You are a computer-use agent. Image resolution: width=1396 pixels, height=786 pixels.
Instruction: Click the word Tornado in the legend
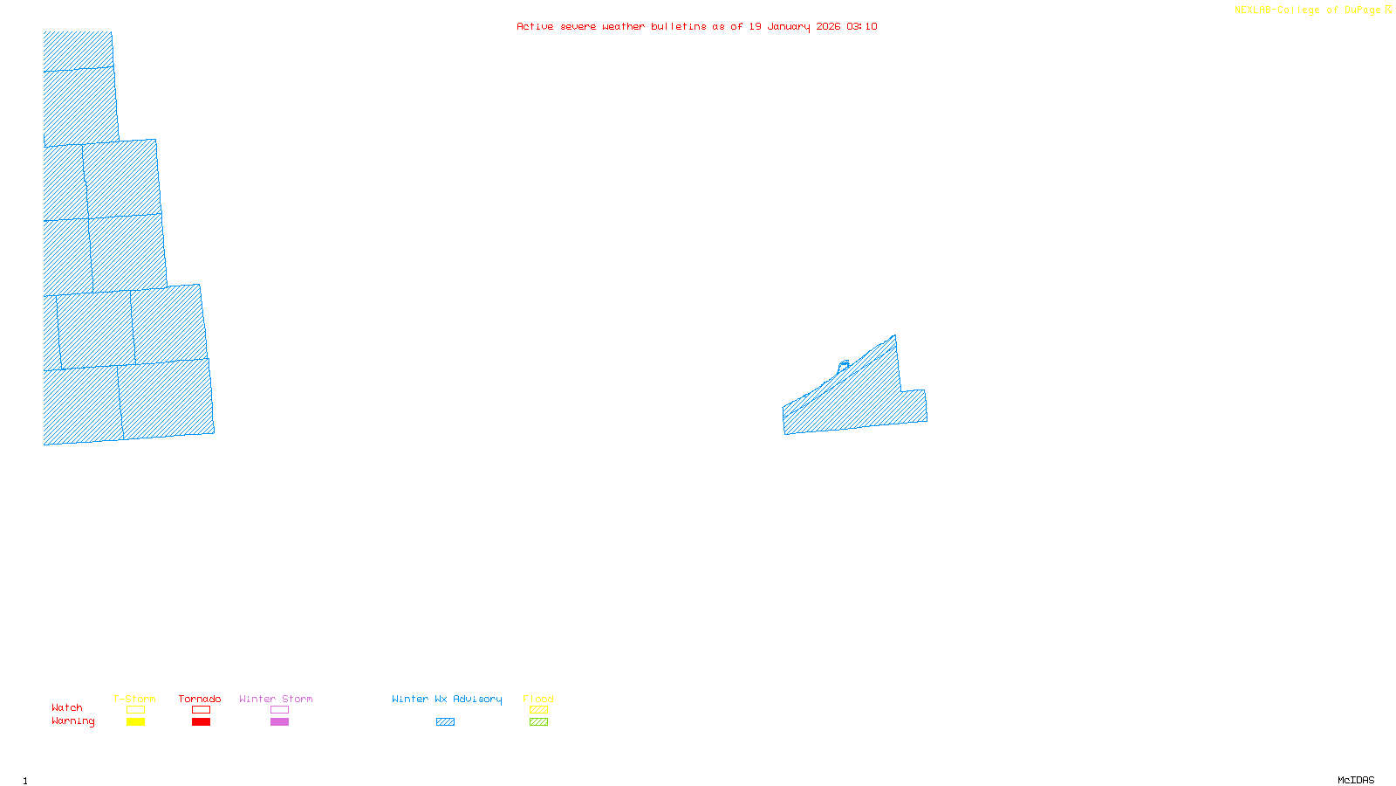[x=200, y=699]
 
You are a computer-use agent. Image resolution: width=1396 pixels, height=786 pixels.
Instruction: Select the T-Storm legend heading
[x=134, y=699]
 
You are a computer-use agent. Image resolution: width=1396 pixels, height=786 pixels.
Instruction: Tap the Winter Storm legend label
[x=276, y=699]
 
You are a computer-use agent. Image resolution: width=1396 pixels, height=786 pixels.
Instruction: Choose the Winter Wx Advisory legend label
[x=447, y=699]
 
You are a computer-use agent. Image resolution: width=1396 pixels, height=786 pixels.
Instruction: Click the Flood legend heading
[x=538, y=699]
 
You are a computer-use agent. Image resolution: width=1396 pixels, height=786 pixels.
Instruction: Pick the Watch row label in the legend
[x=67, y=707]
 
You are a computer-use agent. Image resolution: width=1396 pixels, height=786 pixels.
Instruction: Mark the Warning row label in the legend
[x=73, y=721]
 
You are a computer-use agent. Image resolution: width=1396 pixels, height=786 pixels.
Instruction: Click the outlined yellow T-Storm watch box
[x=135, y=710]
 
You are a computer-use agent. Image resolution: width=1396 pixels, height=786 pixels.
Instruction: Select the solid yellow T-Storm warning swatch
[x=135, y=722]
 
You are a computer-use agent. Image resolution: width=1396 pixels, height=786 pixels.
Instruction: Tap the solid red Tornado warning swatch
[x=201, y=722]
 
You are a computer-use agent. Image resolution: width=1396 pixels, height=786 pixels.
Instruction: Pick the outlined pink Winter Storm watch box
[x=279, y=710]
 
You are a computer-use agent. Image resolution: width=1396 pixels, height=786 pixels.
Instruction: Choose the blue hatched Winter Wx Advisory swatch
[x=445, y=722]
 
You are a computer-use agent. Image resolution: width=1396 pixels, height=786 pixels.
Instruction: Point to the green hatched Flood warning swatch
[x=538, y=722]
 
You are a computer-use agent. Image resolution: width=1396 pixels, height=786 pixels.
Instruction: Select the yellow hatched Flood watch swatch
[x=538, y=710]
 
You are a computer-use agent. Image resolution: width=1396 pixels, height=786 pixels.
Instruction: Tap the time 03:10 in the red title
[x=862, y=26]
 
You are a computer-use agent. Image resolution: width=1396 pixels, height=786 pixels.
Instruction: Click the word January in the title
[x=789, y=26]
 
